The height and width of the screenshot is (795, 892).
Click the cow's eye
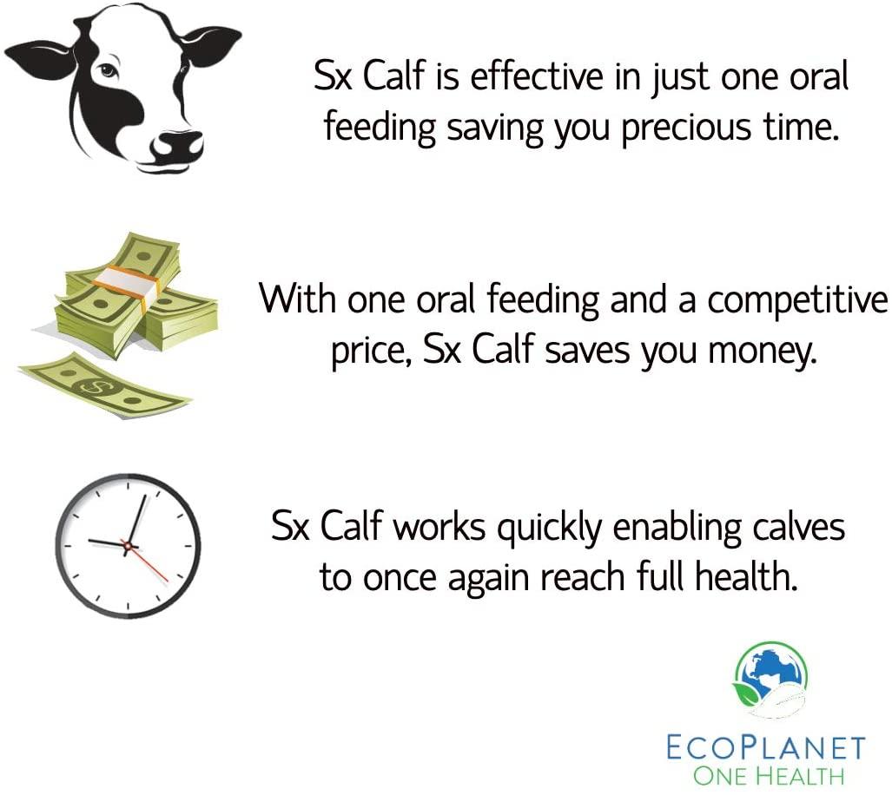coord(108,71)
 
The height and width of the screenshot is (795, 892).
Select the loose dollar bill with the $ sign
coord(103,386)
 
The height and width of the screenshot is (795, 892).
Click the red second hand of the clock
coord(148,562)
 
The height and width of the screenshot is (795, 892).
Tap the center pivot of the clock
coord(128,546)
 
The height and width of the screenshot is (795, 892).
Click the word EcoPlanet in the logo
coord(766,748)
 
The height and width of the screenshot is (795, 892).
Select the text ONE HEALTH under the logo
coord(769,776)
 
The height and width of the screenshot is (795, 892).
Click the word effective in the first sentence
coord(537,76)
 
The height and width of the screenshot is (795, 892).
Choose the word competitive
coord(797,300)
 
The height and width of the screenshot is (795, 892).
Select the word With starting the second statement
coord(297,298)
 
